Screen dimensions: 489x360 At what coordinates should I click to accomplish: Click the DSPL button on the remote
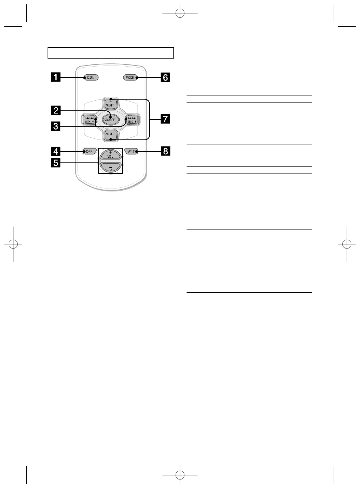pos(91,78)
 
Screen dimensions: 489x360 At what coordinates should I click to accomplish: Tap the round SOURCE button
pos(109,120)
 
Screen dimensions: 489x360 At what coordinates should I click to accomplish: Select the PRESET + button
pos(110,104)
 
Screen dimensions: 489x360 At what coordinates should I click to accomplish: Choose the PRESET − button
pos(110,135)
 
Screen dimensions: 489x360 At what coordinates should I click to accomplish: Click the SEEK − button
pos(90,120)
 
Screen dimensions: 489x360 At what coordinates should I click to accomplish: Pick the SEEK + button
pos(132,120)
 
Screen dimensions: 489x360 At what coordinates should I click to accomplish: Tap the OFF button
pos(89,151)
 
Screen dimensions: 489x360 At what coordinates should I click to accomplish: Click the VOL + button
pos(110,155)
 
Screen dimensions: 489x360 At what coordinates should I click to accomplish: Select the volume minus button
pos(110,168)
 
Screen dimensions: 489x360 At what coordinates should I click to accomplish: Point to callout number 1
pos(56,78)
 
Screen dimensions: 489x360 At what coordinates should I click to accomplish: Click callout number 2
pos(56,110)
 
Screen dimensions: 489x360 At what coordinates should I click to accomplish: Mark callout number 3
pos(56,126)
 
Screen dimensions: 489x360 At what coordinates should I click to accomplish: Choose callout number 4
pos(56,151)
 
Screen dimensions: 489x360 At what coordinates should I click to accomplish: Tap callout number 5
pos(56,163)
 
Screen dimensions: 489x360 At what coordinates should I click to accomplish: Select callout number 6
pos(166,78)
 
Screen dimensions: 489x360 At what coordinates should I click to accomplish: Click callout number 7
pos(166,119)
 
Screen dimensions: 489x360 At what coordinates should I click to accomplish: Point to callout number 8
pos(166,151)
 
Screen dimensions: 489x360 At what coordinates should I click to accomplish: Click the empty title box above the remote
pos(110,53)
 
